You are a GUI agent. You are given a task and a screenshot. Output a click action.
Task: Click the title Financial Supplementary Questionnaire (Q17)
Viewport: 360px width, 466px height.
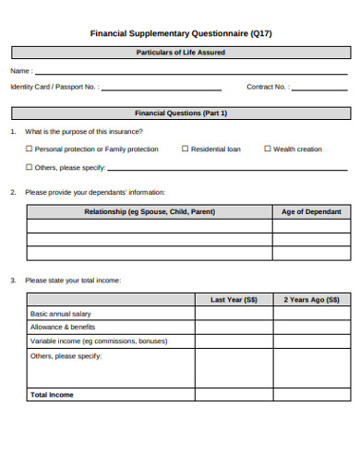180,33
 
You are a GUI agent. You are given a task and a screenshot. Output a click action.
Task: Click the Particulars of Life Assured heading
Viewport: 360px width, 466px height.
180,53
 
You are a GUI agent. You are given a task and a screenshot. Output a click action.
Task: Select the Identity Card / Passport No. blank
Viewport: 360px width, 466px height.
162,89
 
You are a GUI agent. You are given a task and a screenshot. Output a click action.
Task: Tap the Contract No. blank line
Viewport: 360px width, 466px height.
320,89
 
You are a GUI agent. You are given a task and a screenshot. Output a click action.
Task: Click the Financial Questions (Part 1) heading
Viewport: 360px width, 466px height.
180,113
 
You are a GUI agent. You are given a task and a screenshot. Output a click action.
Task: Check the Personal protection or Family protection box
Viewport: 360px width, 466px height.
30,149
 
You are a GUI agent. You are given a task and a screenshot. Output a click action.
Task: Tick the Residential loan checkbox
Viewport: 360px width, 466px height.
186,149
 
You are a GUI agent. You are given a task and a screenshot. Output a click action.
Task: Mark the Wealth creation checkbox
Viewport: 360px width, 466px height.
268,149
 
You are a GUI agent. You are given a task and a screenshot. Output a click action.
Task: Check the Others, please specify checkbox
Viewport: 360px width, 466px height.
30,167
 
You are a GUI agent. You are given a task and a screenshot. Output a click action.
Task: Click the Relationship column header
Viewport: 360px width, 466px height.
150,211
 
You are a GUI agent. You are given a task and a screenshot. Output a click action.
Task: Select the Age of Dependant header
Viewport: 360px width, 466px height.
311,211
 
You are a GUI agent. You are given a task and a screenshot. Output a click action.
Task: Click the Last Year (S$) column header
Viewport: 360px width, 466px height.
234,299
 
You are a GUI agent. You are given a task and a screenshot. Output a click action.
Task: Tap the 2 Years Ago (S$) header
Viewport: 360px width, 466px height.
311,299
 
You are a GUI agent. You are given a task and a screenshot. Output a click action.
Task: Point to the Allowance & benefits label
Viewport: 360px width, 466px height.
63,327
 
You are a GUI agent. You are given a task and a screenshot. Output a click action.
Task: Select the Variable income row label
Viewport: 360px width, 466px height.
86,341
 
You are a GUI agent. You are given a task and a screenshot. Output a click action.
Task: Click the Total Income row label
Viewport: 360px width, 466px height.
52,394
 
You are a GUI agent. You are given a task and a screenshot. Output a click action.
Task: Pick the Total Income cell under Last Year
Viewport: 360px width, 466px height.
234,394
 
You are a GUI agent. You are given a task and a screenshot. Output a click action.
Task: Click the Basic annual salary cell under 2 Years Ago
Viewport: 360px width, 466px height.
311,314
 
